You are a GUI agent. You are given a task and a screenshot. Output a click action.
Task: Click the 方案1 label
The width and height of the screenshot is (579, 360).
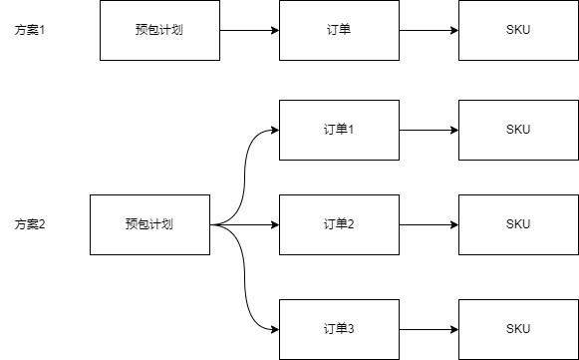(31, 30)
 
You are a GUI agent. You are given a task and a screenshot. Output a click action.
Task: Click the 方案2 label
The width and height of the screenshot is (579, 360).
(31, 224)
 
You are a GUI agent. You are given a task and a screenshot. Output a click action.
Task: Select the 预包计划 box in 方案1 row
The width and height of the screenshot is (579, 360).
(159, 30)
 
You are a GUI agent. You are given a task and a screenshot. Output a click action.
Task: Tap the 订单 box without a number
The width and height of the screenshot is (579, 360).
(339, 30)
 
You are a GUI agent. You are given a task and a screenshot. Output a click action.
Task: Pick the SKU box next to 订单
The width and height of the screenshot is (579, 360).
(518, 30)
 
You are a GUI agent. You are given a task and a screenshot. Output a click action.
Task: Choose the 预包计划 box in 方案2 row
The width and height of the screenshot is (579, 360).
(149, 224)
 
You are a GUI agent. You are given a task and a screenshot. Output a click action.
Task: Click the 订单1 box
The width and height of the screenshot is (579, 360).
(339, 130)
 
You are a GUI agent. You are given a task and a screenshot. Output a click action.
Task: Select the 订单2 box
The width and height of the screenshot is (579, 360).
(339, 224)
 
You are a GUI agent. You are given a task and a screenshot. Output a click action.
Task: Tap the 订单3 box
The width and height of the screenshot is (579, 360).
(339, 329)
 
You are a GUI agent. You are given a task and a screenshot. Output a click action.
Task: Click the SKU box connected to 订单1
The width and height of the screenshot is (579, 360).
(518, 130)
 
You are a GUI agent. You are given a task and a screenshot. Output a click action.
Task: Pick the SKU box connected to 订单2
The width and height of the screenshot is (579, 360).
(518, 224)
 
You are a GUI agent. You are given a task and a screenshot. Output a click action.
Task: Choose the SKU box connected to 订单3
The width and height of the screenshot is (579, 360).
(518, 329)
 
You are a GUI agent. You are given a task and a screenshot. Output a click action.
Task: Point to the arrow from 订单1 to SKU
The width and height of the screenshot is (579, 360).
(429, 130)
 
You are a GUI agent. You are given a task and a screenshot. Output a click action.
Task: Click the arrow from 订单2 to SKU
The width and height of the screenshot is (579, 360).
(429, 224)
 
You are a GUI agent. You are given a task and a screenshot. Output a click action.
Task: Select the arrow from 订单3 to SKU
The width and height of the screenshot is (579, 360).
(429, 329)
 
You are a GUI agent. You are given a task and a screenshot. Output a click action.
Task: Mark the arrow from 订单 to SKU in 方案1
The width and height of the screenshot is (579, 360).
(429, 30)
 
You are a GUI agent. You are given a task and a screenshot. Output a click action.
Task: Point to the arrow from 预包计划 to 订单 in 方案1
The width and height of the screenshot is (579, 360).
(249, 30)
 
